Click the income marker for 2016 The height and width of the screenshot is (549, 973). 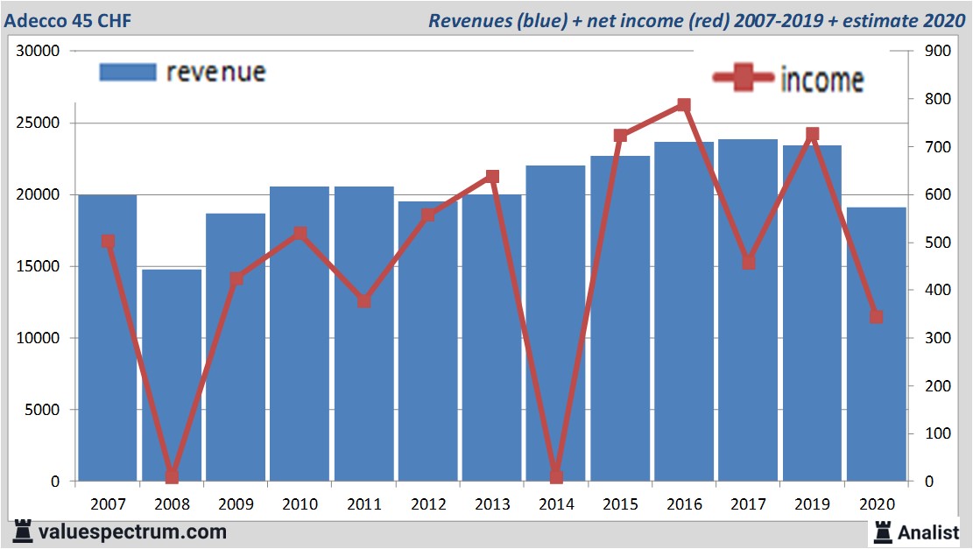(x=684, y=106)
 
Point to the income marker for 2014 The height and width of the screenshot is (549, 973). (x=556, y=476)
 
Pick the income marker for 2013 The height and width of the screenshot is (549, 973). (x=492, y=177)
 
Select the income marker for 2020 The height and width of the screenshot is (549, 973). (x=876, y=316)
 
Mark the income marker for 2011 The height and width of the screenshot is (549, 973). (x=364, y=301)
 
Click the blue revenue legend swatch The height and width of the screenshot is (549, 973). (x=127, y=72)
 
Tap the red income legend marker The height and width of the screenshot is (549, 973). (x=744, y=78)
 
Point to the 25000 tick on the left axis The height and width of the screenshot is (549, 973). (x=39, y=123)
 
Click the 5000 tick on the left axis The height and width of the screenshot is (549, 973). (x=43, y=410)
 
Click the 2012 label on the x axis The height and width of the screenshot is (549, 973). (x=428, y=505)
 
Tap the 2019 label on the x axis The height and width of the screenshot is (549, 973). (x=812, y=505)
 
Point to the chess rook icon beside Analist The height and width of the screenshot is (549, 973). (x=882, y=531)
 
